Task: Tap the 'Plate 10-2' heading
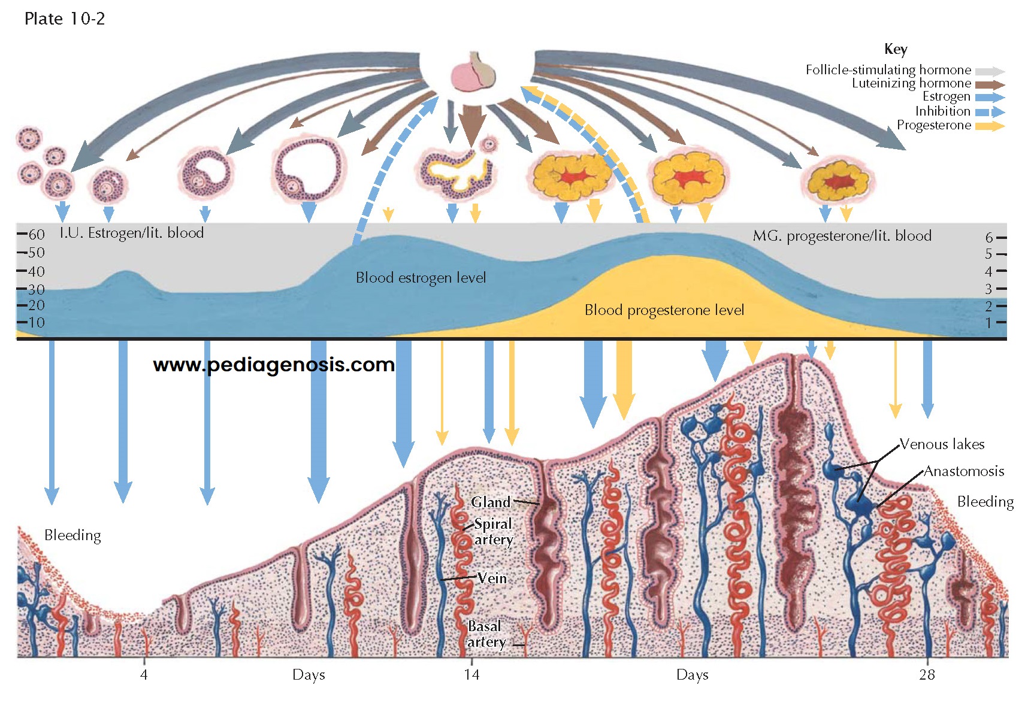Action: click(x=65, y=19)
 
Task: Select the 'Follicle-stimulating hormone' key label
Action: click(x=888, y=70)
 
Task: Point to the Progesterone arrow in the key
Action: click(x=990, y=126)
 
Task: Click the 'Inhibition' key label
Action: click(x=942, y=111)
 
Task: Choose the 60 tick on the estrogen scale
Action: click(x=31, y=234)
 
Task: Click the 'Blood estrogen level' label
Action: click(x=421, y=278)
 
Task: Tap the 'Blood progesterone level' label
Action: click(x=664, y=310)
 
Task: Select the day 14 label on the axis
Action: click(x=471, y=675)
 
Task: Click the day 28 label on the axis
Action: click(x=927, y=675)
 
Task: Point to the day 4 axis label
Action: click(x=144, y=675)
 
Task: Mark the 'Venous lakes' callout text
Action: click(x=942, y=444)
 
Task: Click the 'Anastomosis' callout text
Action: click(x=963, y=471)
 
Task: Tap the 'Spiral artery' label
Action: click(x=493, y=532)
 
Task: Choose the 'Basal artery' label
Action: click(x=486, y=634)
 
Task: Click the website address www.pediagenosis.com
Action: click(x=274, y=365)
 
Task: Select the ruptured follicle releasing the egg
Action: click(x=458, y=171)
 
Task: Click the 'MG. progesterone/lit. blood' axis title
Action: click(x=842, y=236)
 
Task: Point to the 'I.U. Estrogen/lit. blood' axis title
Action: click(x=132, y=233)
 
